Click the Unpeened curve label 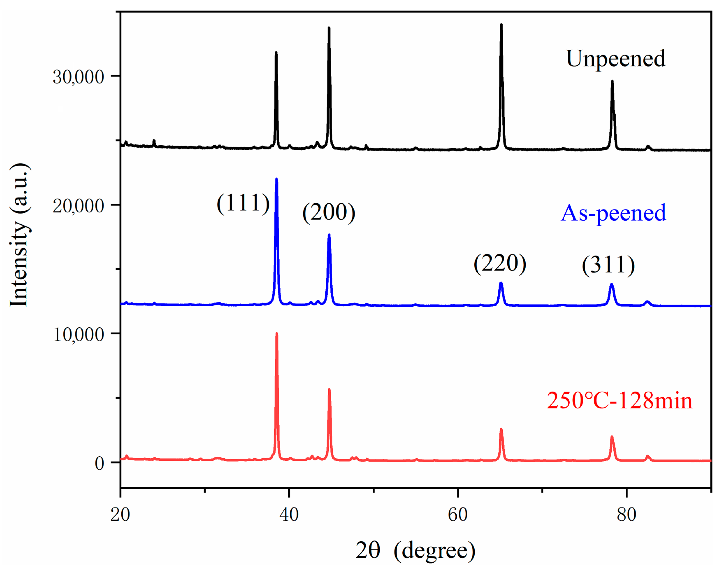[x=615, y=59]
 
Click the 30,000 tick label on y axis [x=78, y=77]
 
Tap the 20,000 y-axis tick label [x=78, y=205]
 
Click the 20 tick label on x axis [x=120, y=514]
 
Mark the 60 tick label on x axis [x=458, y=514]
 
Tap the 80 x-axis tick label [x=626, y=514]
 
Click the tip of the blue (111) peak [x=276, y=179]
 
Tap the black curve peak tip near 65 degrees [x=501, y=24]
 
